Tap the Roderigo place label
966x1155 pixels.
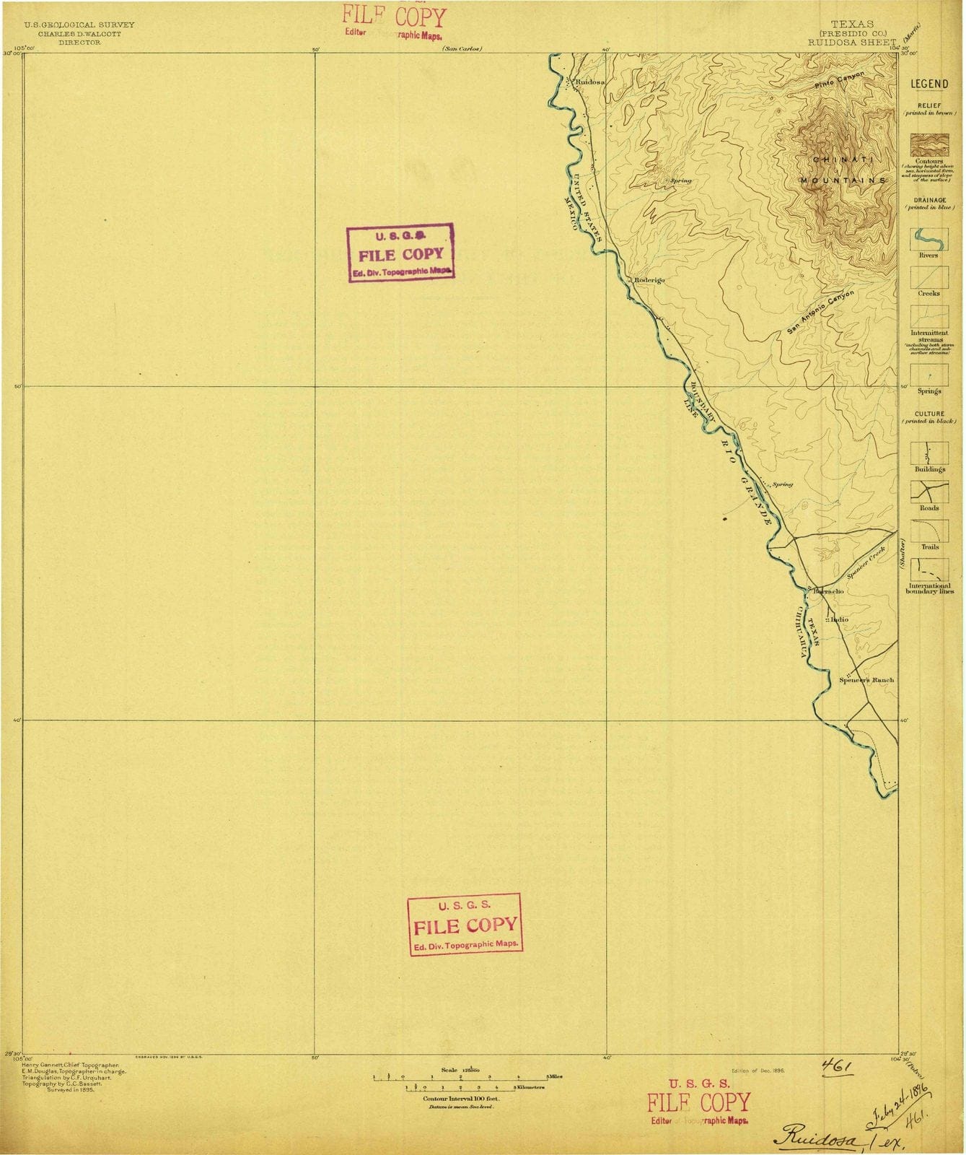649,279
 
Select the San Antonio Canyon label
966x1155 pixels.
820,313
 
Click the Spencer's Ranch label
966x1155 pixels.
866,680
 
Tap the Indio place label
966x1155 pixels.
839,619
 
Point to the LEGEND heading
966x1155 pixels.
929,84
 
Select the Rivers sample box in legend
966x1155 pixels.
928,239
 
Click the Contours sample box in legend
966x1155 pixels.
928,146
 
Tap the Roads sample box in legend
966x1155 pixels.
928,492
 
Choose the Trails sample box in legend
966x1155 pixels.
928,531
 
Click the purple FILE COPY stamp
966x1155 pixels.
401,253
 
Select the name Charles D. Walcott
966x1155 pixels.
79,33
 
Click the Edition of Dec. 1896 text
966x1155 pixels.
758,1071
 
